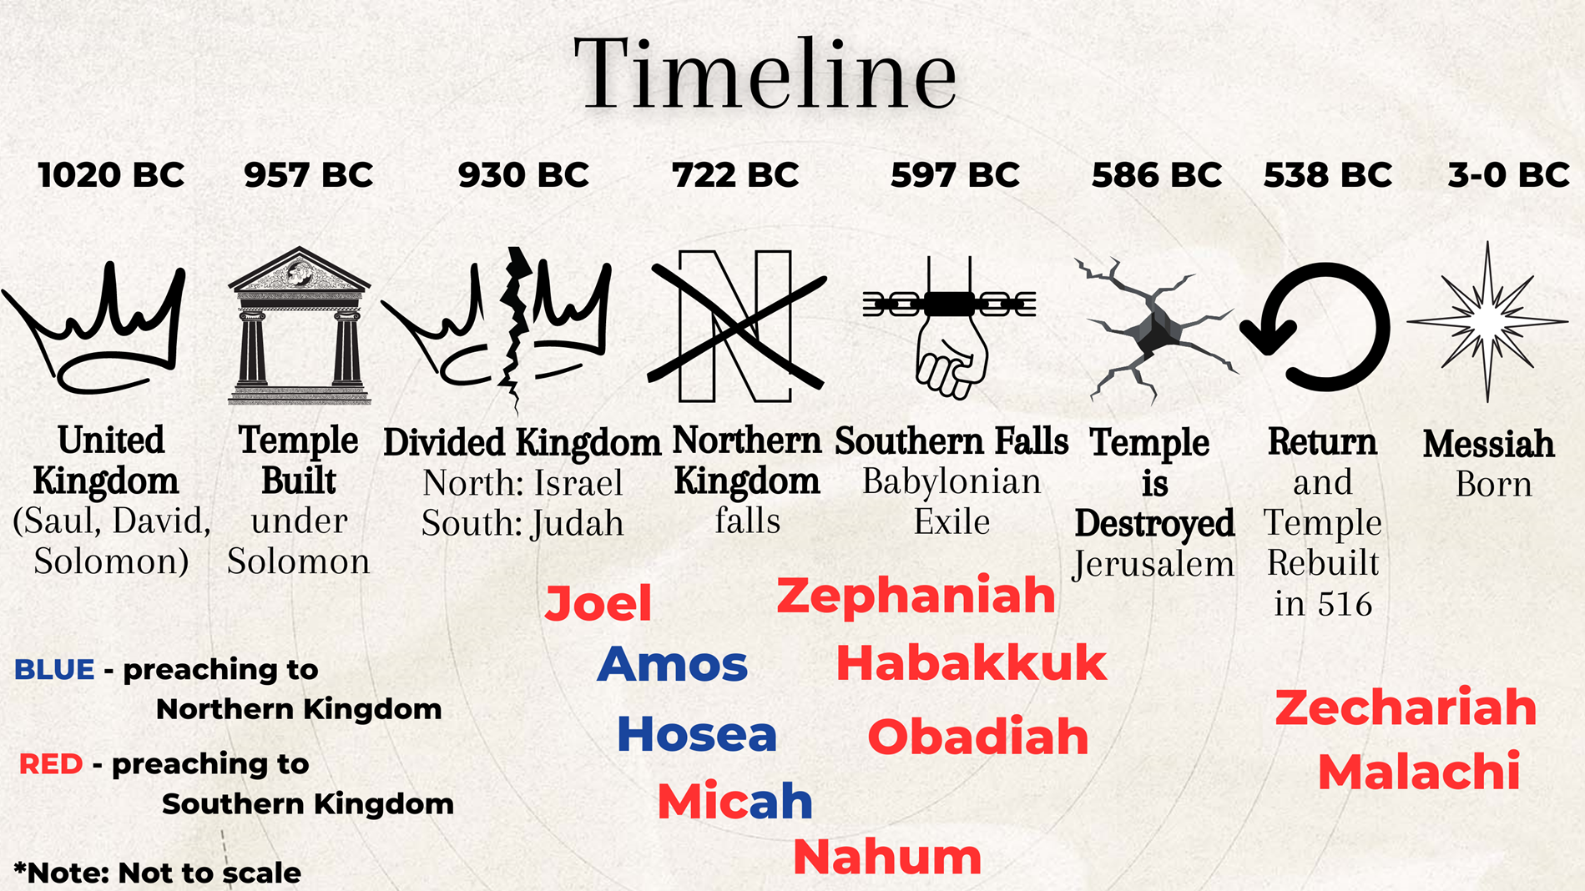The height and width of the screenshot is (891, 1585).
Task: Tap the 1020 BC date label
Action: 111,175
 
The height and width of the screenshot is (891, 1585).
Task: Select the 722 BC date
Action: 735,175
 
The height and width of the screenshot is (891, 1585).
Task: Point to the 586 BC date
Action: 1157,175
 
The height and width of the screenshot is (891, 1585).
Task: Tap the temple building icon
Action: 299,325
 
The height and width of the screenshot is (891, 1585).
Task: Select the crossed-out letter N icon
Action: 736,325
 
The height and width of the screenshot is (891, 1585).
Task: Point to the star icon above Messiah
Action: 1487,321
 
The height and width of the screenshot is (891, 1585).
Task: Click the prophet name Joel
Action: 598,603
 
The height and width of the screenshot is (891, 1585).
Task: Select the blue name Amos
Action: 673,664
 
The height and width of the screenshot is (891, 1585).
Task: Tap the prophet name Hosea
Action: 697,734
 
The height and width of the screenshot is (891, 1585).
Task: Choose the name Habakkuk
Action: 972,663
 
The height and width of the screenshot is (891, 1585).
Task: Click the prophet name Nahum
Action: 887,857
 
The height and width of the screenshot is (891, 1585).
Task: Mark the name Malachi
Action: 1419,771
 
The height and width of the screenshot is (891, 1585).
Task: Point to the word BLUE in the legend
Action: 54,669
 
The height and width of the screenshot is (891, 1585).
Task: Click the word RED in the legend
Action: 51,763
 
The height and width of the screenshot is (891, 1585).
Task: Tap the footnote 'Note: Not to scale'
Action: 158,873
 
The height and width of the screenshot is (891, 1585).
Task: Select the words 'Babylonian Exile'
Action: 952,501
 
